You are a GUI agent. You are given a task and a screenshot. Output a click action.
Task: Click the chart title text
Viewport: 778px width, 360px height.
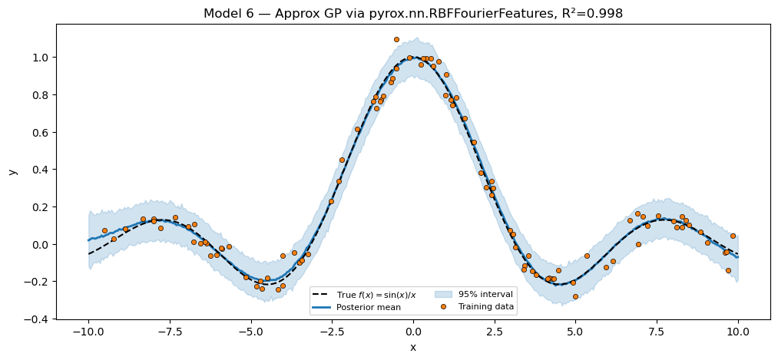coord(412,14)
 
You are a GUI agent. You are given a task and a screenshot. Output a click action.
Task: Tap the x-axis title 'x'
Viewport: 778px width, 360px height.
coord(413,348)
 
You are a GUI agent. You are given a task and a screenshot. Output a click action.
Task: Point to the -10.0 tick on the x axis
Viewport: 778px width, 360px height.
coord(88,332)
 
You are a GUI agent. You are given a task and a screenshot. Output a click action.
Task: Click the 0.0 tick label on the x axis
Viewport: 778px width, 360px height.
coord(413,332)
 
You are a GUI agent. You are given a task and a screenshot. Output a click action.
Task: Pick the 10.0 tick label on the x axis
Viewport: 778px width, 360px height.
coord(738,332)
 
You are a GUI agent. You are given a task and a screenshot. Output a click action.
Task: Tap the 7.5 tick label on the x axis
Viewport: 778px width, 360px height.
coord(657,332)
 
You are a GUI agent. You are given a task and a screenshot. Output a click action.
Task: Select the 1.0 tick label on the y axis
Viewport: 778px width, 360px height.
coord(40,58)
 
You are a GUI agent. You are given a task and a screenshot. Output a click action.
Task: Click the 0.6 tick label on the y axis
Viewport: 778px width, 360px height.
coord(40,132)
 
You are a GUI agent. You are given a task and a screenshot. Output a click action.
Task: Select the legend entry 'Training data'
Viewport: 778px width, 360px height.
coord(485,307)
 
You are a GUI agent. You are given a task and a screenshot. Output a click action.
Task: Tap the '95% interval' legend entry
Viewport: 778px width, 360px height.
coord(485,294)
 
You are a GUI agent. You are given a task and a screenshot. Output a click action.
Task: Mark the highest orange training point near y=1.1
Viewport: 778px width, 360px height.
coord(396,39)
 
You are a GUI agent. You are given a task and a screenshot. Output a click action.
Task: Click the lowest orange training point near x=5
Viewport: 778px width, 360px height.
coord(575,296)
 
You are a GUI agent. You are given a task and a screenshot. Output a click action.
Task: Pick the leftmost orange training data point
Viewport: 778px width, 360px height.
coord(104,230)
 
